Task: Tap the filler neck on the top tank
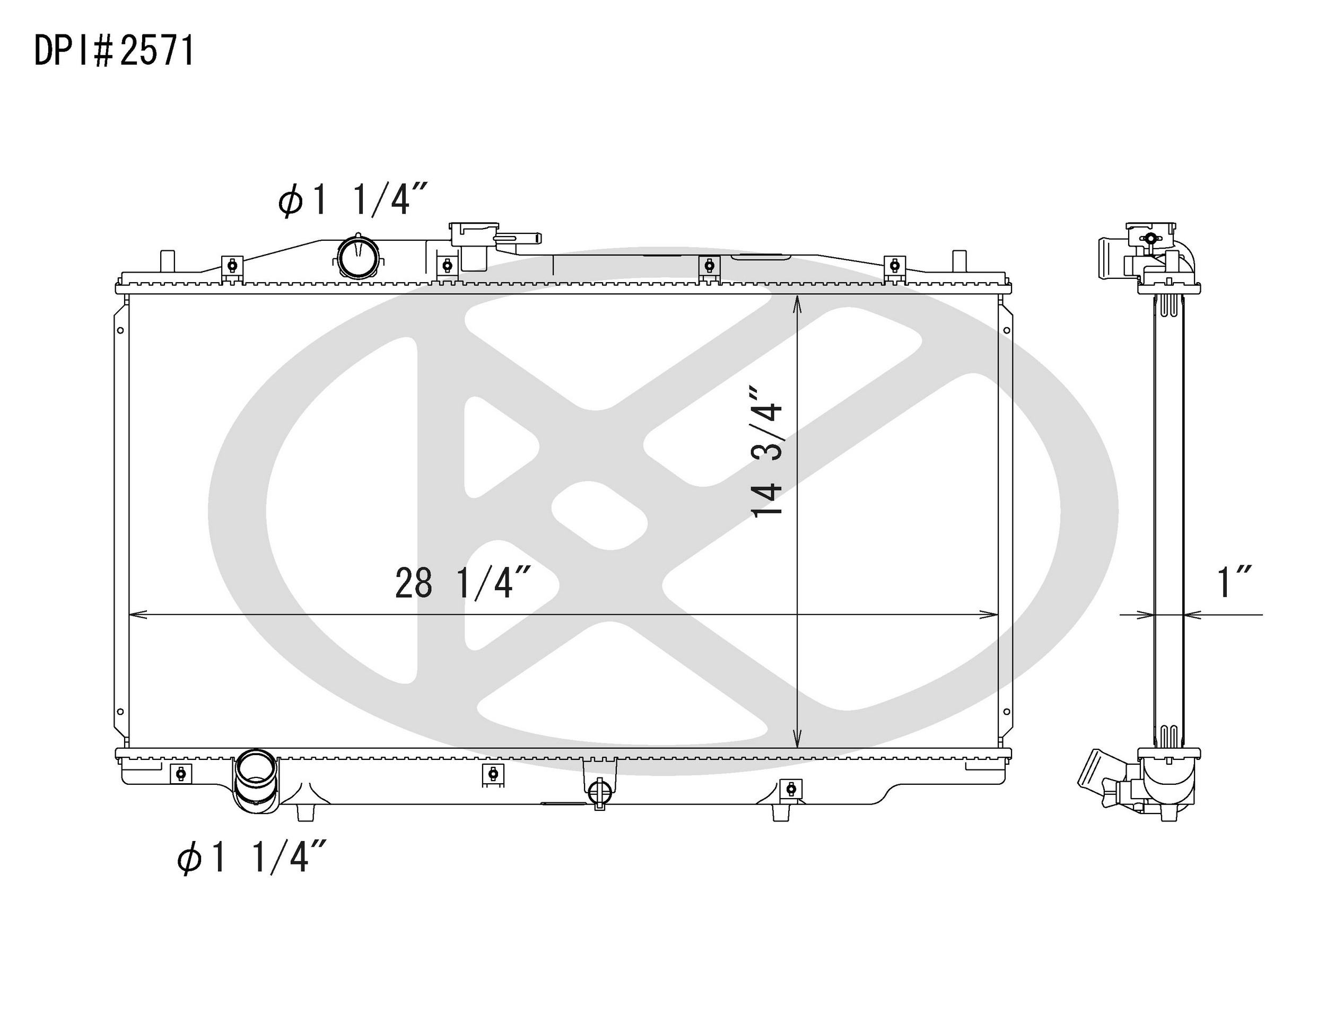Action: pos(474,244)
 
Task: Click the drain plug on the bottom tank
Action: pos(599,790)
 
